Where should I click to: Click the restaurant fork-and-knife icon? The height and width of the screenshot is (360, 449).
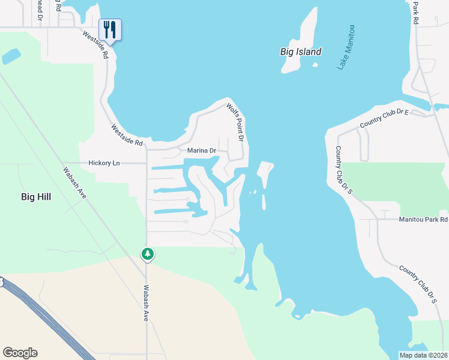[x=110, y=29]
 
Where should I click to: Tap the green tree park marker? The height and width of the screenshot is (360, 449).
[x=147, y=254]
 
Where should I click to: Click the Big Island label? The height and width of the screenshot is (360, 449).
[x=301, y=52]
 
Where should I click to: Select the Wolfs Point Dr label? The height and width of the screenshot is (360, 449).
[x=236, y=122]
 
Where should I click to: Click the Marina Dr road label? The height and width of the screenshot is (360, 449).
[x=202, y=150]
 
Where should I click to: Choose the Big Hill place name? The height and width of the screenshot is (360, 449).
[x=36, y=196]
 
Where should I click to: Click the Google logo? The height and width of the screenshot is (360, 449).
[x=20, y=353]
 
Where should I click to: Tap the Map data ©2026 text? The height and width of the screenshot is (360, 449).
[x=423, y=355]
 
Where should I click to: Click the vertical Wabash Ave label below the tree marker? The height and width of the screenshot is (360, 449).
[x=146, y=304]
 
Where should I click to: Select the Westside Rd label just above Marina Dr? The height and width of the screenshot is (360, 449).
[x=127, y=136]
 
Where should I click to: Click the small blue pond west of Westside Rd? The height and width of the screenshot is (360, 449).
[x=11, y=57]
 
